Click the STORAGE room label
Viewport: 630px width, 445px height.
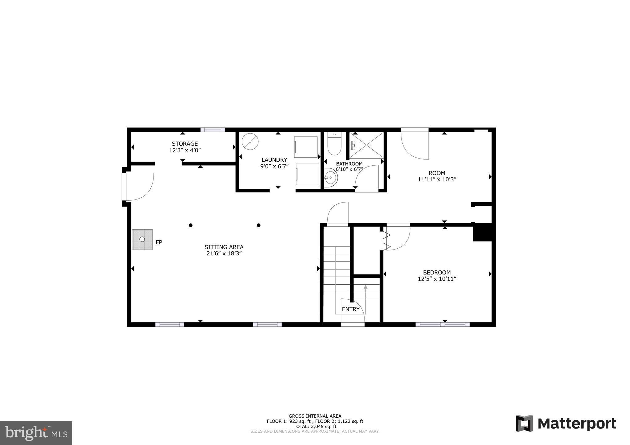[185, 144]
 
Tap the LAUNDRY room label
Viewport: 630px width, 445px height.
[274, 160]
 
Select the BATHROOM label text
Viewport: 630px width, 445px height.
[349, 164]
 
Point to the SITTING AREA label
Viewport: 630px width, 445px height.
[224, 247]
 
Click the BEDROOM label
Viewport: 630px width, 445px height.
[437, 273]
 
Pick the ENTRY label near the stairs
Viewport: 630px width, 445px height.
[351, 309]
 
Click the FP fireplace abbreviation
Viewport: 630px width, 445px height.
[159, 242]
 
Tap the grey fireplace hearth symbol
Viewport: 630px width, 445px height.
[142, 239]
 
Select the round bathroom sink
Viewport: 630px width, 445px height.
[331, 178]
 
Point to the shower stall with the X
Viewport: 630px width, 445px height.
[366, 145]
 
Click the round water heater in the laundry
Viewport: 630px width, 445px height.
[250, 141]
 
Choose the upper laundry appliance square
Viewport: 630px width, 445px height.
[306, 147]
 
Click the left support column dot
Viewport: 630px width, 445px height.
[191, 225]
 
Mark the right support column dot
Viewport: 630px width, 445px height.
[259, 225]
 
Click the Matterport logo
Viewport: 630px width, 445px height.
[566, 423]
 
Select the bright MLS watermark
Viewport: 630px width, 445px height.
[36, 433]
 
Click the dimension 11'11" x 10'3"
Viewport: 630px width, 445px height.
[437, 179]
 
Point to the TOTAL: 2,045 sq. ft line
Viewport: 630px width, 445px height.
[315, 427]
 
